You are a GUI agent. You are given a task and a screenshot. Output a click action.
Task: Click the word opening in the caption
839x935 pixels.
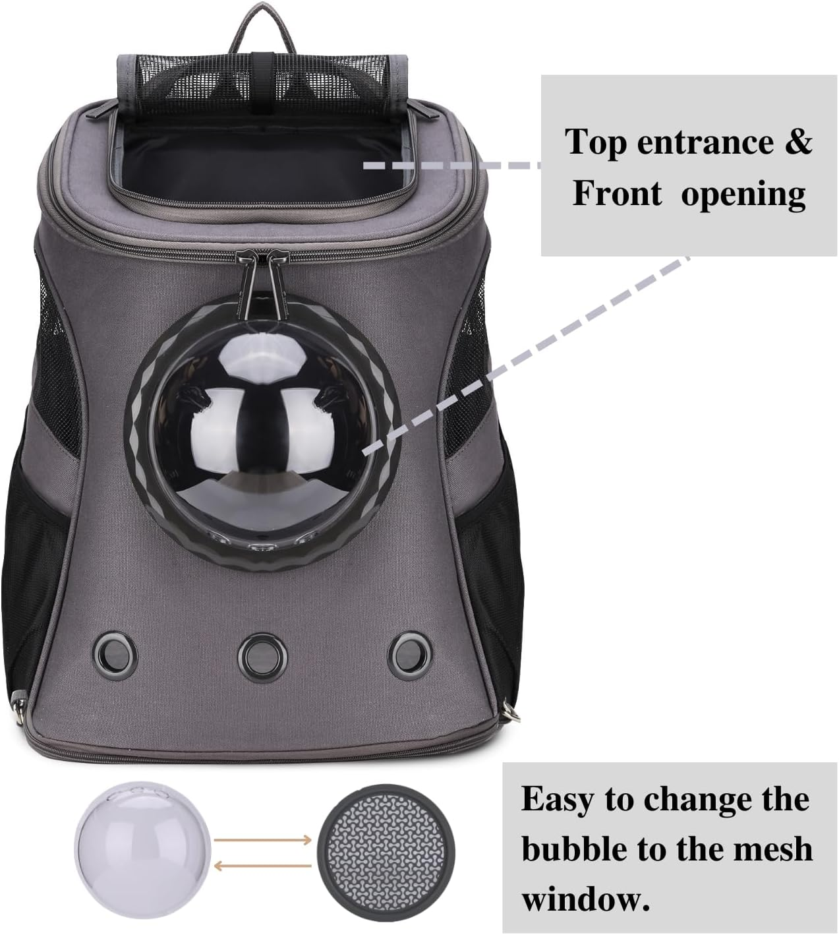click(x=743, y=195)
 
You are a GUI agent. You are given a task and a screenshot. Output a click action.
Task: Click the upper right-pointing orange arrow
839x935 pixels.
click(x=264, y=839)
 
